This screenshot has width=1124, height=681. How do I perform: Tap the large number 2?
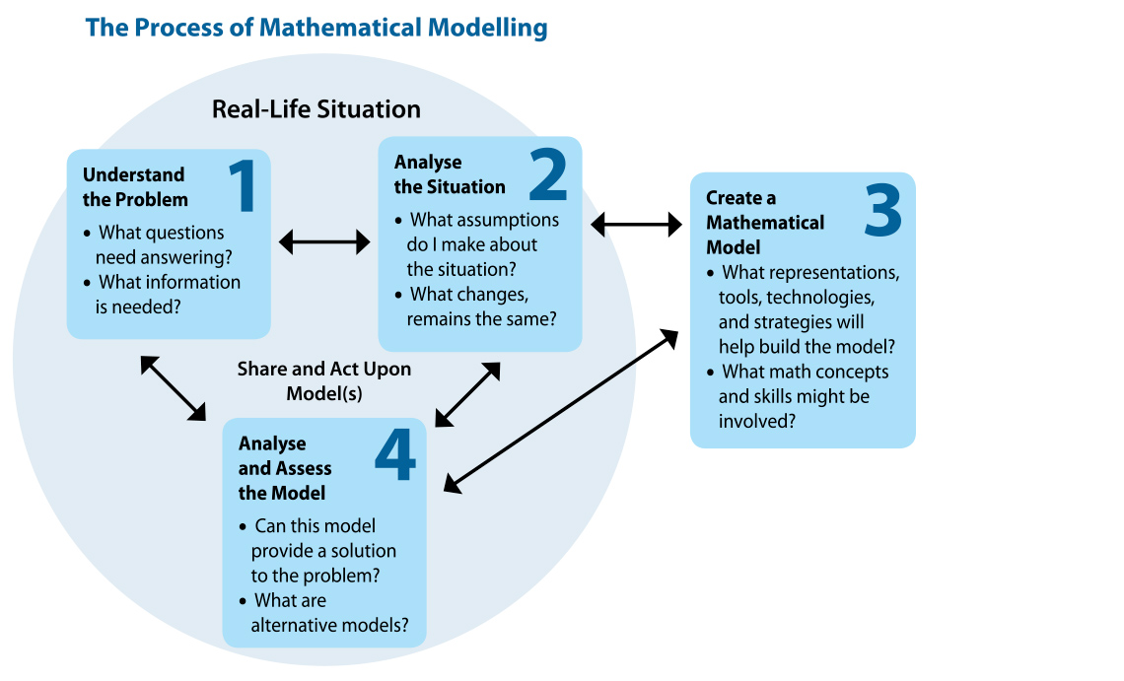coord(548,173)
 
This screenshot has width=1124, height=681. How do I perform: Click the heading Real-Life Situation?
coord(316,109)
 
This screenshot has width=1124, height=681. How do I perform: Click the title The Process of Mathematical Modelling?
coord(316,28)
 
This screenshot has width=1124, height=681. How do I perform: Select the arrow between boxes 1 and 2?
coord(324,242)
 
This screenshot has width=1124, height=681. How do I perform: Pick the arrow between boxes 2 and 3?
coord(636,225)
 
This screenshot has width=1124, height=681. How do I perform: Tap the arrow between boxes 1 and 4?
coord(173,388)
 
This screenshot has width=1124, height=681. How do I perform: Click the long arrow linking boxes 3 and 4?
coord(561,412)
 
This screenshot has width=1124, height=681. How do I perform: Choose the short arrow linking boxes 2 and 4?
coord(467,394)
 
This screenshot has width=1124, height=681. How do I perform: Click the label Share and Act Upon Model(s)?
coord(324,381)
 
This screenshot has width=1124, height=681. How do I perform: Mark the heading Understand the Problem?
coord(135,187)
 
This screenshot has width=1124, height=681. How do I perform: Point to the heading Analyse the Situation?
coord(450,174)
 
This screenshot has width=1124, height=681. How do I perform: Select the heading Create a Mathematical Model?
coord(765,222)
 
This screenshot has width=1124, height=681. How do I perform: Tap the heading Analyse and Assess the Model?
coord(285,468)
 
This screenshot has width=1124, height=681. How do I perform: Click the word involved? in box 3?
coord(757,422)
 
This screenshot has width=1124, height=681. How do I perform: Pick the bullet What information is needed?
coord(162,295)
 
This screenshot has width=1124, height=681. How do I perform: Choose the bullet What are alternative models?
coord(324,613)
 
